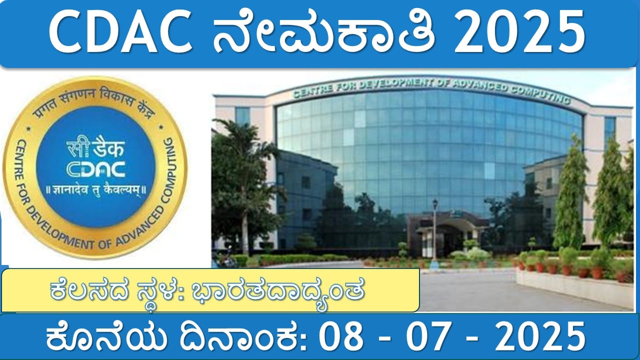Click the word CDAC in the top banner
pyautogui.click(x=120, y=31)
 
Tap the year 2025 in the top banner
pyautogui.click(x=519, y=31)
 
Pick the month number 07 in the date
pyautogui.click(x=427, y=336)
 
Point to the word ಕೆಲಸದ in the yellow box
pyautogui.click(x=89, y=290)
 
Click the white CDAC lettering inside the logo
pyautogui.click(x=95, y=169)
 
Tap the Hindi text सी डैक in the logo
pyautogui.click(x=95, y=148)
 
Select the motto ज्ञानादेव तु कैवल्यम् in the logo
pyautogui.click(x=96, y=189)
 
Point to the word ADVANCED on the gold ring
pyautogui.click(x=140, y=225)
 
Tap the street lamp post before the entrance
pyautogui.click(x=435, y=231)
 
